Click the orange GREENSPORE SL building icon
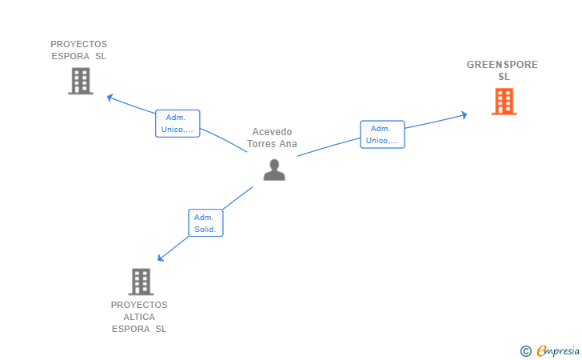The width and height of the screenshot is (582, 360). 504,102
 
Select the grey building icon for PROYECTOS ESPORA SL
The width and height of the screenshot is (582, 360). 80,81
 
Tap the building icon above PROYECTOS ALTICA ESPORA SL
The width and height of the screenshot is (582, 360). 141,282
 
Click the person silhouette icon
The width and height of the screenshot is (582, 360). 274,170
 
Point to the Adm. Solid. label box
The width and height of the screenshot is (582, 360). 205,223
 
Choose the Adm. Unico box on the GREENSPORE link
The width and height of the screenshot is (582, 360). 382,134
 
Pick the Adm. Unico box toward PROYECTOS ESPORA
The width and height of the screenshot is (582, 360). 177,123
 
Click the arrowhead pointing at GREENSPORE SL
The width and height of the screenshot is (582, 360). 464,115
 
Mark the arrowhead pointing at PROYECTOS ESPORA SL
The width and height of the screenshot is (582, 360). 110,98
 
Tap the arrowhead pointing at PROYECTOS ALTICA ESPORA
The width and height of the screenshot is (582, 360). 161,258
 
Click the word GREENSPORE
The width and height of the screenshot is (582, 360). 503,65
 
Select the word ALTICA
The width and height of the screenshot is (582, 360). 139,317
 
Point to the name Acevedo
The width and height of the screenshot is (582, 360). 273,132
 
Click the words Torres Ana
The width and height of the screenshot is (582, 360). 273,144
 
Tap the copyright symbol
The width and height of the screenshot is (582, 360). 525,350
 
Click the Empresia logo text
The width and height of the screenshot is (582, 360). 558,350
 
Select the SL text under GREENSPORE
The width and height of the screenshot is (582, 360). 504,77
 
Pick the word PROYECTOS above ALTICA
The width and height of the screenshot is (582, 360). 139,305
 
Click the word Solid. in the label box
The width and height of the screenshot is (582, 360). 205,230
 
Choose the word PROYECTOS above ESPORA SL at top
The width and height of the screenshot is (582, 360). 78,44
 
